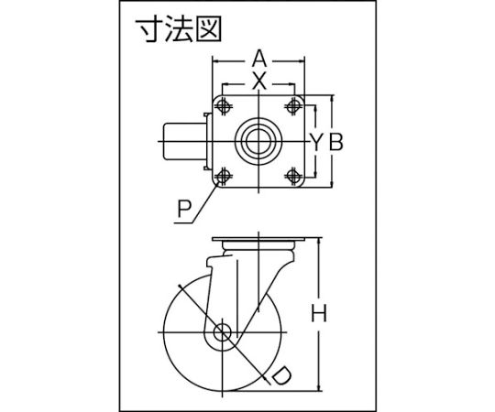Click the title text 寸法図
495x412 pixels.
point(178,29)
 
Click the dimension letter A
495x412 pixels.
point(259,60)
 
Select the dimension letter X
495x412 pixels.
point(259,82)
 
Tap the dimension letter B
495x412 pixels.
point(335,142)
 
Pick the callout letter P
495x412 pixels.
point(184,209)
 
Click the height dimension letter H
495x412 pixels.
point(319,313)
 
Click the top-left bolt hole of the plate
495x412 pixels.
point(224,106)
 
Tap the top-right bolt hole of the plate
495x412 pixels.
point(294,106)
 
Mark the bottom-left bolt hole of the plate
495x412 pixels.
point(224,176)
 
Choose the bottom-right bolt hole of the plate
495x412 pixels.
point(294,176)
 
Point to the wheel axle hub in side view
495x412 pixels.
point(223,332)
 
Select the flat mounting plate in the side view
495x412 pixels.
point(259,239)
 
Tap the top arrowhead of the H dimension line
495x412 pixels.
point(321,241)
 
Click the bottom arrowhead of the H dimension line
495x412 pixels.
point(321,387)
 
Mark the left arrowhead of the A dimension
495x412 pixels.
point(216,60)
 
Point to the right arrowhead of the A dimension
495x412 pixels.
point(302,60)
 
